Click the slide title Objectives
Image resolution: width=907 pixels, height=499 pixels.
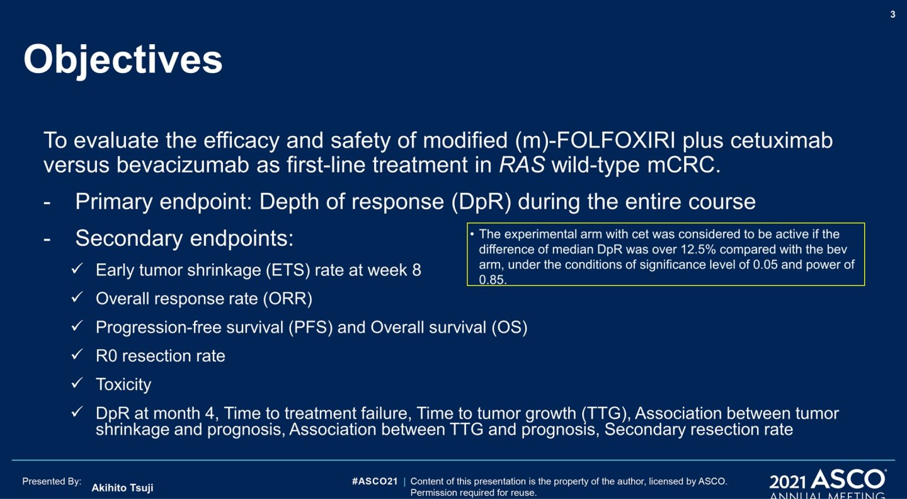click(x=123, y=60)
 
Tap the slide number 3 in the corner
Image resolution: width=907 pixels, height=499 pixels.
click(x=893, y=14)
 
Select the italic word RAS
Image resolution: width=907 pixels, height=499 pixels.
click(x=522, y=165)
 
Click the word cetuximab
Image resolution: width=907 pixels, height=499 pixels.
click(x=782, y=140)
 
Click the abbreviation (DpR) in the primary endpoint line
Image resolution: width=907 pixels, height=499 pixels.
click(x=481, y=202)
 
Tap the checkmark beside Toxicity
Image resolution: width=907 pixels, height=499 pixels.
click(x=77, y=382)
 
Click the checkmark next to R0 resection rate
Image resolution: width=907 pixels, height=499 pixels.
click(x=77, y=354)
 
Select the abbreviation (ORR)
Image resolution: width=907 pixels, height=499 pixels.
click(x=288, y=299)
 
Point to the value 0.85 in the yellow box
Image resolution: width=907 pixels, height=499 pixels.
click(x=492, y=280)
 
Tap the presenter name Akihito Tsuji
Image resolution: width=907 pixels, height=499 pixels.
click(x=122, y=488)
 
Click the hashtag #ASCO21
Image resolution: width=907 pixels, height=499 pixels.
click(x=375, y=481)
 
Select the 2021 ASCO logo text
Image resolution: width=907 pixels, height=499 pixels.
click(x=827, y=480)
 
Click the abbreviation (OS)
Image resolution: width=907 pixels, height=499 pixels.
click(x=510, y=327)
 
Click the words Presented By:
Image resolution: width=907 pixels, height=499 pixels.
click(x=52, y=481)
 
